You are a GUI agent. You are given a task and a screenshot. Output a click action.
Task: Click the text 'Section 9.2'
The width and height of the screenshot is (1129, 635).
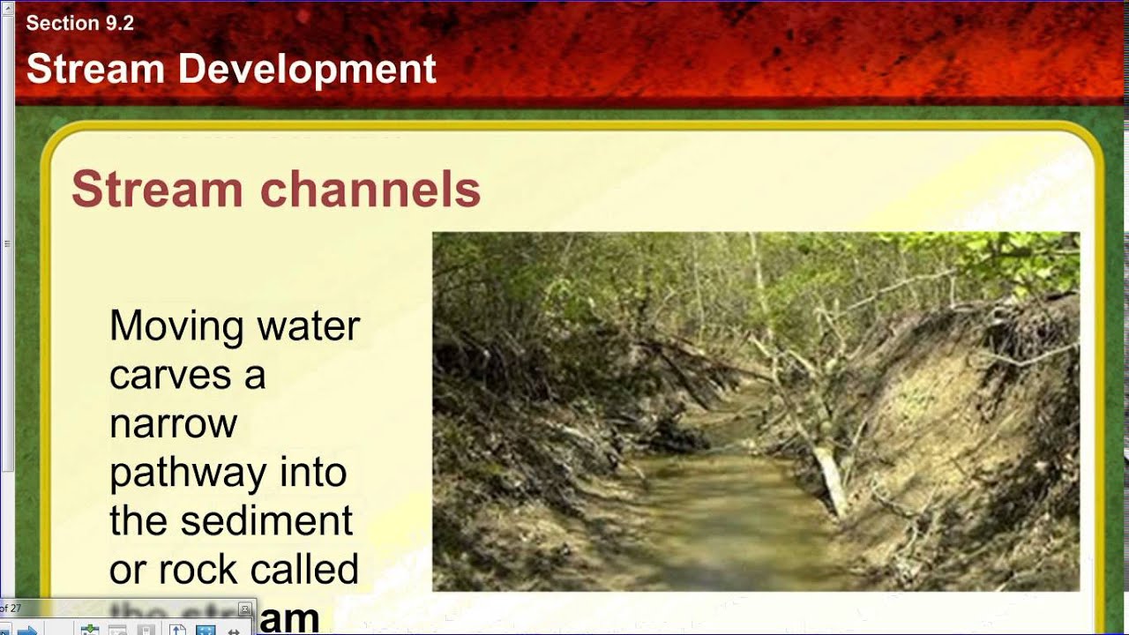pos(79,24)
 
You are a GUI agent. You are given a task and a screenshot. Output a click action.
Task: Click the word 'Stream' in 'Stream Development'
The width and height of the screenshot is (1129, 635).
pos(95,69)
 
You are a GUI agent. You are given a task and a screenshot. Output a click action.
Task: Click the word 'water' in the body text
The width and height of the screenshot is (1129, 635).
pos(309,326)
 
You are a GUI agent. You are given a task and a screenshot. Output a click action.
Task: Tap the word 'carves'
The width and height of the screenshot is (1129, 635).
pos(163,375)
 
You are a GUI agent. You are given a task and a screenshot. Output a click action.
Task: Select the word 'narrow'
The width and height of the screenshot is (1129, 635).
pos(173,424)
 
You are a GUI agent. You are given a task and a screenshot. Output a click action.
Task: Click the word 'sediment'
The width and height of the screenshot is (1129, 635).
pos(266,521)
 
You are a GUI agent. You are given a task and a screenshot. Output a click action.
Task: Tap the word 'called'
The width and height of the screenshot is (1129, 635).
pos(309,570)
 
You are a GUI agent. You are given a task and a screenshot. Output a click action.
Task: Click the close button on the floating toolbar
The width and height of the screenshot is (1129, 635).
pos(245,609)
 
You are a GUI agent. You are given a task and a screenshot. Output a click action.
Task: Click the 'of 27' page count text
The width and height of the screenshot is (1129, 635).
pos(11,609)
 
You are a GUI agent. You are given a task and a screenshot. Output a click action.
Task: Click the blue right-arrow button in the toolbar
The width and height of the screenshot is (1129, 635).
pos(26,630)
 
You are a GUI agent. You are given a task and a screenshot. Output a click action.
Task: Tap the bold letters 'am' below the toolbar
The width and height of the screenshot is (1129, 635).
pos(289,620)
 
